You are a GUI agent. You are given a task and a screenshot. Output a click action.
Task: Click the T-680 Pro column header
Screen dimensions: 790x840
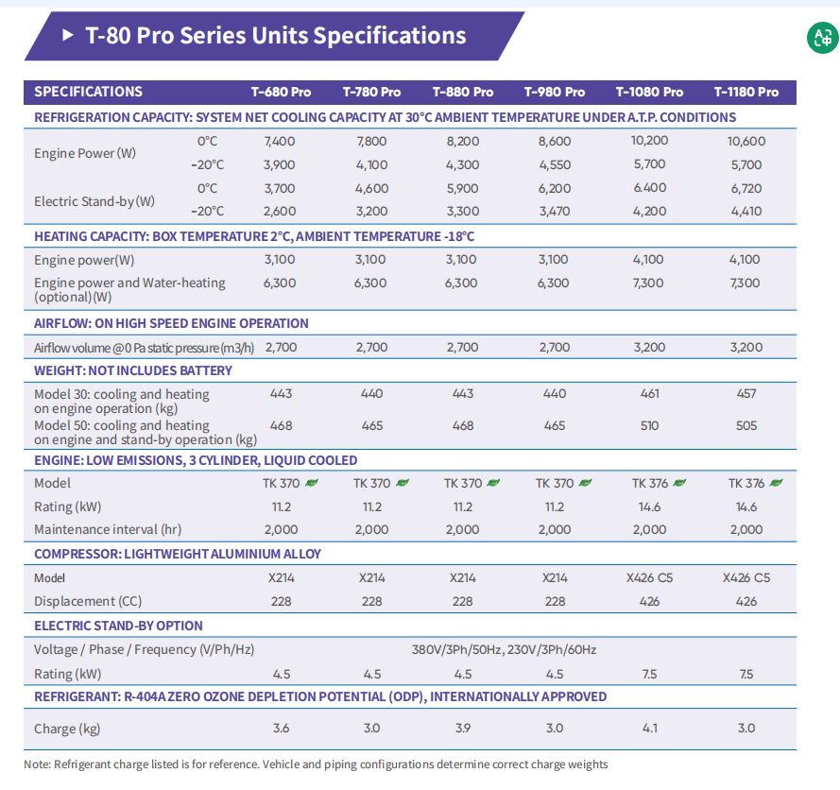[281, 92]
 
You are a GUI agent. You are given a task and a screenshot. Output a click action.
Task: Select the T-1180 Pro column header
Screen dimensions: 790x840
[746, 92]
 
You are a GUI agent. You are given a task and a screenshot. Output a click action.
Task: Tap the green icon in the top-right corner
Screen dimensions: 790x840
[820, 38]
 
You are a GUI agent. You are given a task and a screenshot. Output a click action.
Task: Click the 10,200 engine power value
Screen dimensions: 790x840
[649, 141]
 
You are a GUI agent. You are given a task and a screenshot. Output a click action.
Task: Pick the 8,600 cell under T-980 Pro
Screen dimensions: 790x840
[555, 141]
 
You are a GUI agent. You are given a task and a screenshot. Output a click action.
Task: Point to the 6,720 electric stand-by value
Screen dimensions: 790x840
[746, 188]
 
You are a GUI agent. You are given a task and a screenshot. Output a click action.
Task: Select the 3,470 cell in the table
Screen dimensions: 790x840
[555, 212]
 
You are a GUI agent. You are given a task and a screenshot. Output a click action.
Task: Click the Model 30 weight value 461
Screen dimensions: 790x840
[649, 393]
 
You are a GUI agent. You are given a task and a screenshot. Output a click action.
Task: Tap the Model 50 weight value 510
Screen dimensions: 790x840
[649, 425]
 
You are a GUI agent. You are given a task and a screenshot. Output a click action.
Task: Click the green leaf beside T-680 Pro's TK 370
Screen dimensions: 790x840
[312, 483]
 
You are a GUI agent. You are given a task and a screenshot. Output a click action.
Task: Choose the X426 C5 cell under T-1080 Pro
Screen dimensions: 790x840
[649, 577]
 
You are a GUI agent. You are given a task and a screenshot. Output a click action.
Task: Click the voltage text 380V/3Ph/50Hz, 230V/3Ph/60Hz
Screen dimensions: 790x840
[504, 649]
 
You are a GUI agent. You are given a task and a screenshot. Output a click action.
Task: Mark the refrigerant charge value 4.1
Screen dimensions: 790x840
[649, 728]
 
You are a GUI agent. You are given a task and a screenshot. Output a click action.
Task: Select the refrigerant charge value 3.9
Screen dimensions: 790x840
[463, 728]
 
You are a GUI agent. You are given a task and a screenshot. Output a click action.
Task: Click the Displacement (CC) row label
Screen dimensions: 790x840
[88, 601]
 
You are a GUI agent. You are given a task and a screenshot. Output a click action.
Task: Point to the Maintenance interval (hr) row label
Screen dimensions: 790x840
[108, 529]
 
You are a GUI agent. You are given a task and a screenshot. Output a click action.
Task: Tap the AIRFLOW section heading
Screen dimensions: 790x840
[171, 323]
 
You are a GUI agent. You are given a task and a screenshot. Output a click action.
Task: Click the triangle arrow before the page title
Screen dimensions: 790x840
[67, 36]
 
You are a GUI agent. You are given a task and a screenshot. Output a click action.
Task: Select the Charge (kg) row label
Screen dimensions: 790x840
[67, 729]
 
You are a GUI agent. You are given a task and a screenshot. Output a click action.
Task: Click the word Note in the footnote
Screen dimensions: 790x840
[37, 764]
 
